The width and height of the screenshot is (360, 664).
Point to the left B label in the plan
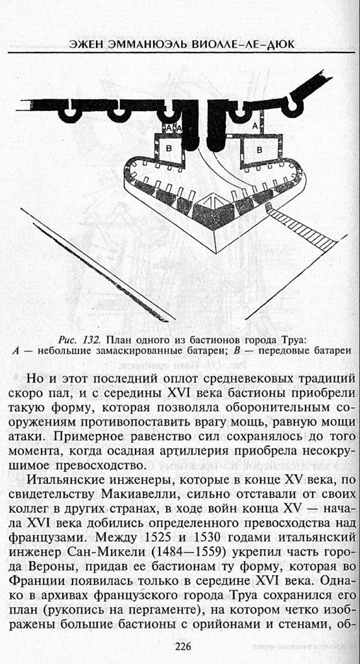pos(169,148)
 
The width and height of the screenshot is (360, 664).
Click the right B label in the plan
pos(259,149)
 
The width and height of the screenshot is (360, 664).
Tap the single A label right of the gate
pos(254,125)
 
